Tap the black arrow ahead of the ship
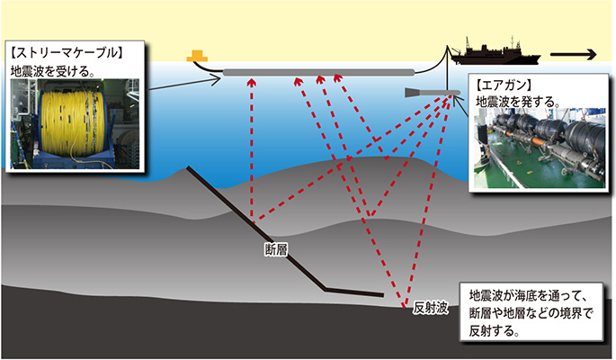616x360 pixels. [573, 55]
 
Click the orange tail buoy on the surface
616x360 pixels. [197, 56]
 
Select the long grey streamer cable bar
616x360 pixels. [318, 72]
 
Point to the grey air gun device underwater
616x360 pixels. [433, 93]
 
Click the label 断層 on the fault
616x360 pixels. [276, 249]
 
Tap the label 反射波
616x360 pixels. [430, 308]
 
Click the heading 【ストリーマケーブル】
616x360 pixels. [66, 53]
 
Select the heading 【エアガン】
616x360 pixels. [504, 85]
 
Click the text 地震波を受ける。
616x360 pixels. [52, 71]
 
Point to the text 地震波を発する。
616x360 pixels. [518, 102]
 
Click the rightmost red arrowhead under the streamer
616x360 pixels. [338, 78]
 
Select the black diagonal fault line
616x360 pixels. [255, 229]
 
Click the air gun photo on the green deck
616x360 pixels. [540, 148]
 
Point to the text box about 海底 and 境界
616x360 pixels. [531, 311]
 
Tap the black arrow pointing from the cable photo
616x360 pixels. [183, 85]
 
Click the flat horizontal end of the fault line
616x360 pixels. [354, 292]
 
